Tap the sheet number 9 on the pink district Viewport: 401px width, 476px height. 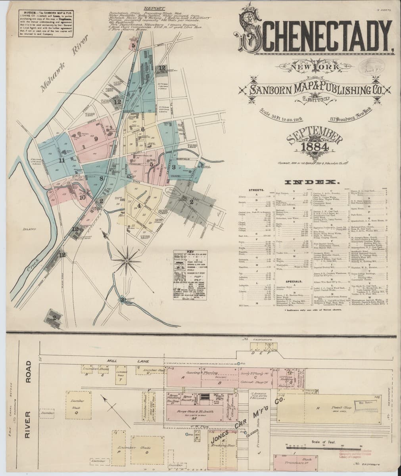point(96,138)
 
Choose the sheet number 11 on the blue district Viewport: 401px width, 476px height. point(61,160)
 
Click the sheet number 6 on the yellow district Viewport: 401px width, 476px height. point(142,129)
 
